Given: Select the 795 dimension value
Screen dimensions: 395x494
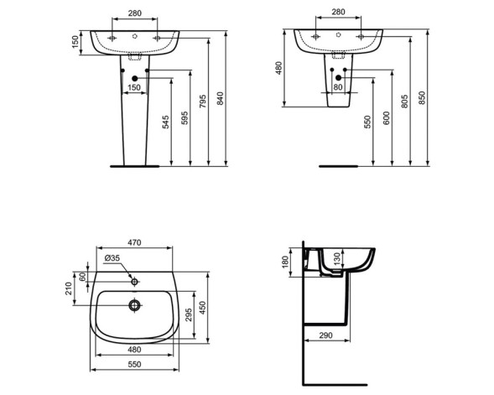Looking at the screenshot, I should (x=202, y=101).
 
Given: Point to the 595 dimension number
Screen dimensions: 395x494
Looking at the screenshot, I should (x=185, y=119).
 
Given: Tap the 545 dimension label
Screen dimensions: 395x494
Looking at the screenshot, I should (x=166, y=122).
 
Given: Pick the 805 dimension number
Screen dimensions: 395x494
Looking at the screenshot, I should (x=405, y=101).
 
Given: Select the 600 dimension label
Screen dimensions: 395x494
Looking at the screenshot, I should (x=387, y=118).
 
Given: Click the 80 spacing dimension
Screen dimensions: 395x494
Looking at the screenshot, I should (x=338, y=86).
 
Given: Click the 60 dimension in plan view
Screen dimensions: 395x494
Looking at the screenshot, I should (x=83, y=278).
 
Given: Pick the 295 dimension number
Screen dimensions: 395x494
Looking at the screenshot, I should (x=189, y=314).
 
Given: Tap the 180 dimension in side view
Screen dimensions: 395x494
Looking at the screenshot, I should (x=285, y=262).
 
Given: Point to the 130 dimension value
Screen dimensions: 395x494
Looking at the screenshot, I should (x=337, y=258).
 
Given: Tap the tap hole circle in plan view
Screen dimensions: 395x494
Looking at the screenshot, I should (x=133, y=278).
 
